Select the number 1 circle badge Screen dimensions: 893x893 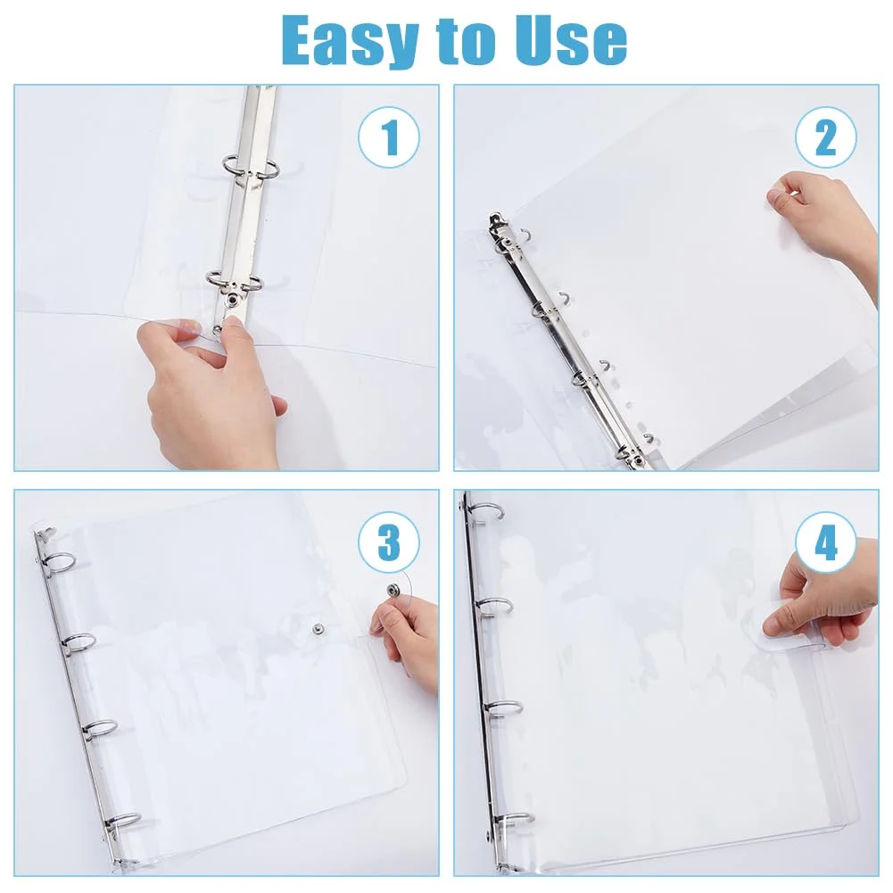389,137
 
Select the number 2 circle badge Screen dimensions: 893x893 826,137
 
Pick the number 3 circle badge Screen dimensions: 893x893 389,542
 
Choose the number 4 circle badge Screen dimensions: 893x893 826,542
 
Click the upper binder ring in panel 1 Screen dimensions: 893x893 252,165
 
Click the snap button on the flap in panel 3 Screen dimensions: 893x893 392,590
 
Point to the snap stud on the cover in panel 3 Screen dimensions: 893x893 317,629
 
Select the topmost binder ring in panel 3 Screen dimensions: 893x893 59,563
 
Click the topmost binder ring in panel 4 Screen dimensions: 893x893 490,510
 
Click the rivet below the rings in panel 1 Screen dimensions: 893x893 234,301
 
